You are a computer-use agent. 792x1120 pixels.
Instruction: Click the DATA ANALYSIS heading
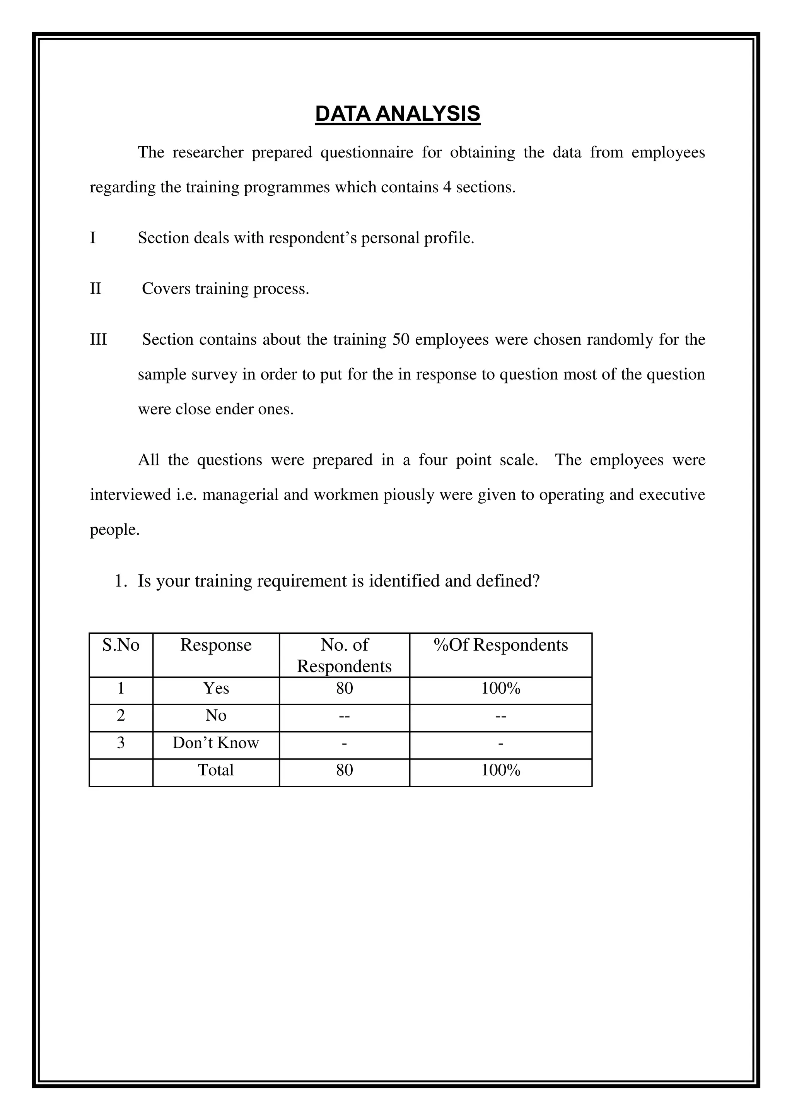point(398,114)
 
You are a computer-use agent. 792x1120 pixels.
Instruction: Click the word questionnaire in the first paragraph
point(366,153)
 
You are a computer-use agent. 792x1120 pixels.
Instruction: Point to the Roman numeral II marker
point(96,288)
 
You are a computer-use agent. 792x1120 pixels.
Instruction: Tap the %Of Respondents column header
point(500,645)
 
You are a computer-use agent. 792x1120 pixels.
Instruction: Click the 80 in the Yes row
point(344,688)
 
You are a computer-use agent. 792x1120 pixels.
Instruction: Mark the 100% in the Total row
point(500,770)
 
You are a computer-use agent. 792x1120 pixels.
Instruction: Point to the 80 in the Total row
point(344,770)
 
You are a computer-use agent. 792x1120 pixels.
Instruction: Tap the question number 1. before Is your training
point(120,581)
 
